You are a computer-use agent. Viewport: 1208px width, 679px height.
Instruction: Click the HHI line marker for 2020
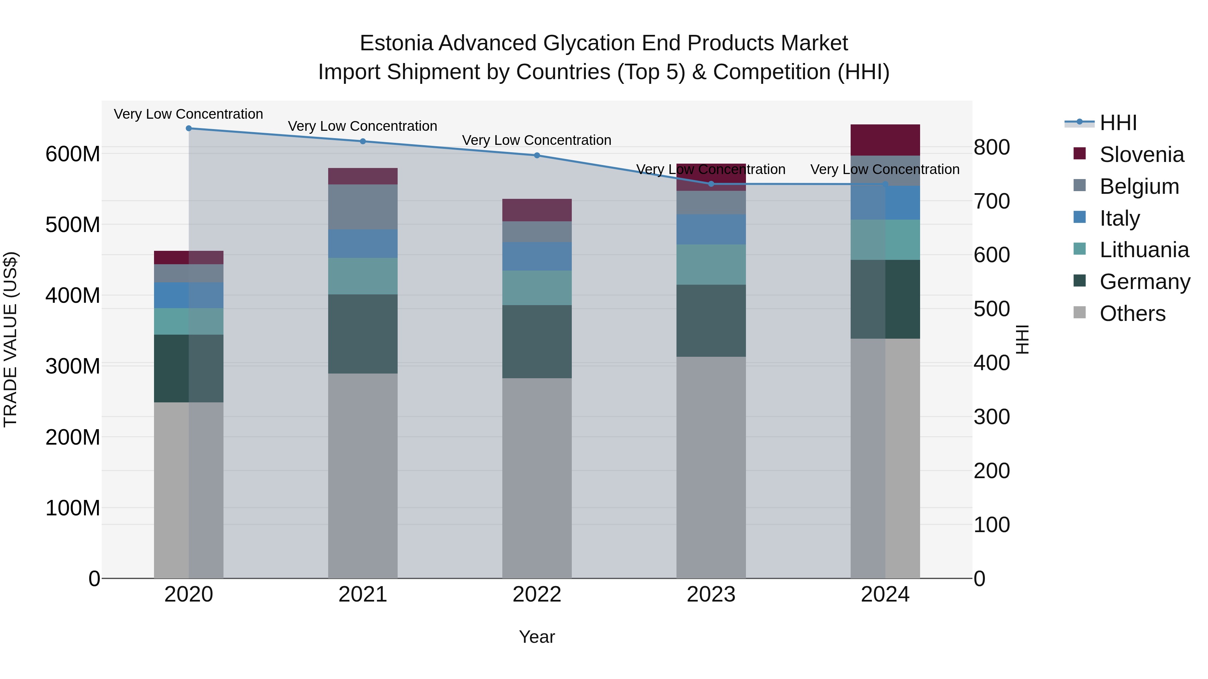coord(189,128)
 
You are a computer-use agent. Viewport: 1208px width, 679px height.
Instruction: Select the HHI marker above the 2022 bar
coord(537,156)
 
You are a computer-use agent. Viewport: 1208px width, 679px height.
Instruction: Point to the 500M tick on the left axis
coord(73,225)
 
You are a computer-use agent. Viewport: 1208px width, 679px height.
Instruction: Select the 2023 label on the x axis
coord(711,595)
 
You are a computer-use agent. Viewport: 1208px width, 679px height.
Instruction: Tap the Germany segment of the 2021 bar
coord(362,334)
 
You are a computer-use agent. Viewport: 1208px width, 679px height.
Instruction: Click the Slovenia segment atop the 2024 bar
coord(885,139)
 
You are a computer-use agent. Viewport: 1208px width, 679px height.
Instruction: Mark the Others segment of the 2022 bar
coord(537,478)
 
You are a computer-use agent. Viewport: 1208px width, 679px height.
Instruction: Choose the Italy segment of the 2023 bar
coord(711,230)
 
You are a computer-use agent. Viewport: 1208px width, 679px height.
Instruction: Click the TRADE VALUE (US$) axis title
coord(10,339)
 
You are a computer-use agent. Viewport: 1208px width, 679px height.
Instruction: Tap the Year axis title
coord(537,637)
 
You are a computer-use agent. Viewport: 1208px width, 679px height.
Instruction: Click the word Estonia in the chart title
coord(396,43)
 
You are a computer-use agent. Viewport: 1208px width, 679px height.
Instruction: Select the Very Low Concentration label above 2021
coord(362,126)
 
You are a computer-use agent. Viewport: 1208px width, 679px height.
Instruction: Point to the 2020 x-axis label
coord(189,595)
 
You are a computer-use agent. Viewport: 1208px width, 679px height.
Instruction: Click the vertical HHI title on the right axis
coord(1022,339)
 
